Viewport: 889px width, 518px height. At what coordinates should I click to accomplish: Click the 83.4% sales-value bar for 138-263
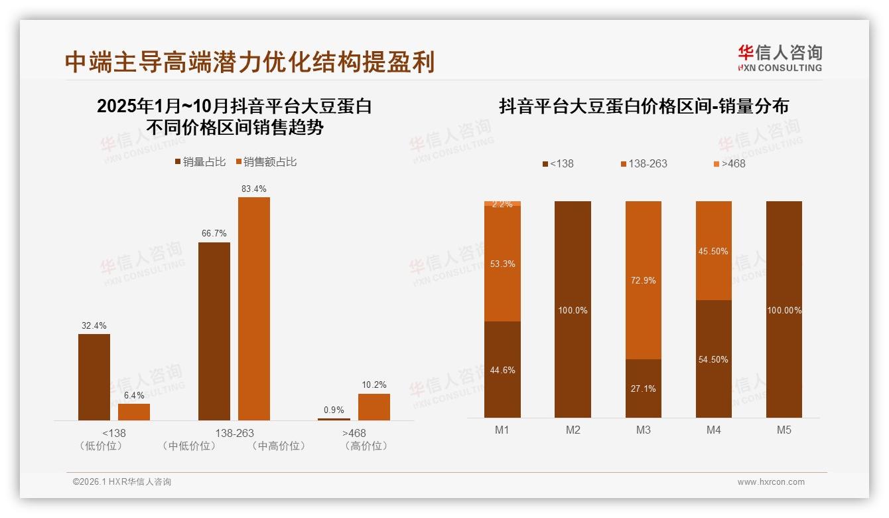(254, 308)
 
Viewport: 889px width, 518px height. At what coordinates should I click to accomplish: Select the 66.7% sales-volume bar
(214, 331)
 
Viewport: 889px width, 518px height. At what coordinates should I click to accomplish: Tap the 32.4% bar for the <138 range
(94, 377)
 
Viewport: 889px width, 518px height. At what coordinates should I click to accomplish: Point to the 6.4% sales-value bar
(134, 412)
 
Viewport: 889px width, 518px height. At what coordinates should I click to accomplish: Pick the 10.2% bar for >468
(374, 406)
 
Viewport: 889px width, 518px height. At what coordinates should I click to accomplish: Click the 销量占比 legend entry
(200, 162)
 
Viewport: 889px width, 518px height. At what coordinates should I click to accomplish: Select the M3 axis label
(644, 430)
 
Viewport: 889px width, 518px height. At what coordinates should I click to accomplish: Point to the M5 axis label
(784, 430)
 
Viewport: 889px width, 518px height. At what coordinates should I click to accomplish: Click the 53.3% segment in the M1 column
(502, 264)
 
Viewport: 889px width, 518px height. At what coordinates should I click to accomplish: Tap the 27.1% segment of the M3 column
(644, 388)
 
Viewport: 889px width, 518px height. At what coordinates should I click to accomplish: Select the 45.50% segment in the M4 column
(714, 251)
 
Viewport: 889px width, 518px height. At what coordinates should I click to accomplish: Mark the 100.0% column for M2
(573, 310)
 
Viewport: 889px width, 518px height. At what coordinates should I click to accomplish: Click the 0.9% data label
(334, 410)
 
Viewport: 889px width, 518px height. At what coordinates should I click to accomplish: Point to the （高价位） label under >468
(366, 446)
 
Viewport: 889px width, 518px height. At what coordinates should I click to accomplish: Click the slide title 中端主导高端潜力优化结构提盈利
(249, 62)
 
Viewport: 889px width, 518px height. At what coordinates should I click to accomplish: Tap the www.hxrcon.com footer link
(771, 482)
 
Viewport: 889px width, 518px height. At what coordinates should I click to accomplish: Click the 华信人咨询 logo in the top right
(780, 57)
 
